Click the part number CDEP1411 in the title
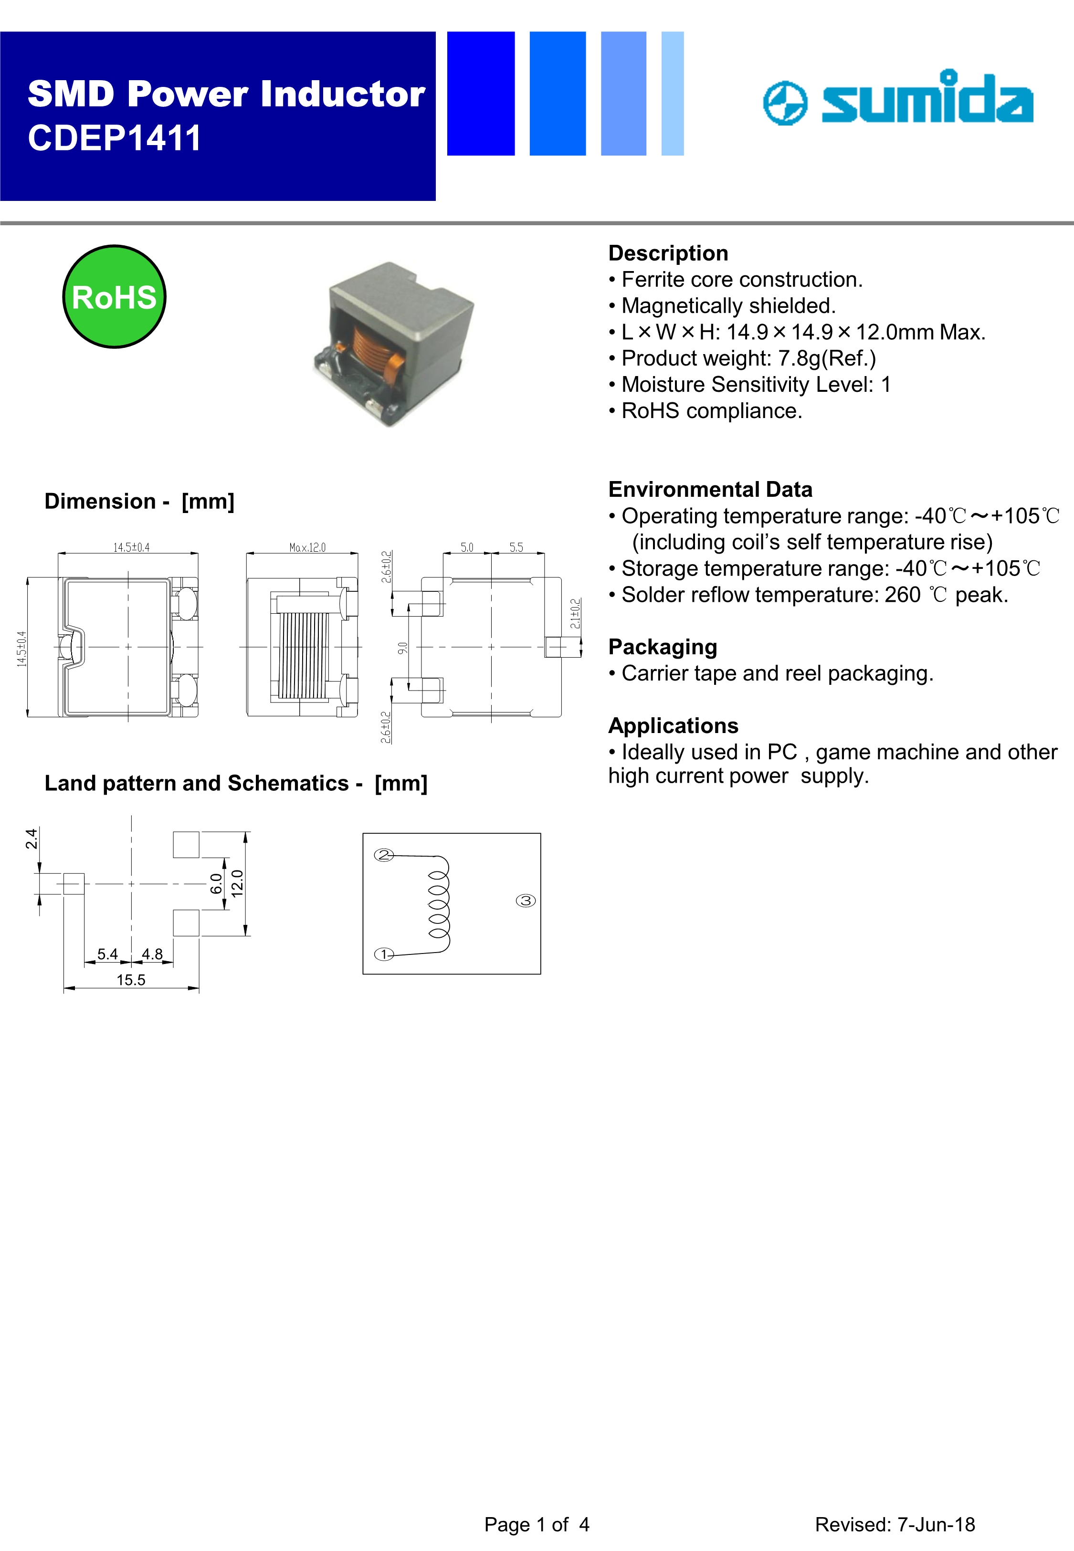[x=115, y=138]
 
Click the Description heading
[x=667, y=253]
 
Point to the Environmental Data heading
[x=710, y=489]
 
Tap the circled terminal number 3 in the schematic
[x=526, y=901]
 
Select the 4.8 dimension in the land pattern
[x=152, y=954]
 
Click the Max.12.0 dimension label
[x=307, y=547]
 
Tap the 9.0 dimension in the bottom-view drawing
[x=402, y=648]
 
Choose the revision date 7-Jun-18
[x=936, y=1524]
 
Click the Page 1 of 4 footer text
[x=537, y=1524]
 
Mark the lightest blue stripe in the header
[x=672, y=94]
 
